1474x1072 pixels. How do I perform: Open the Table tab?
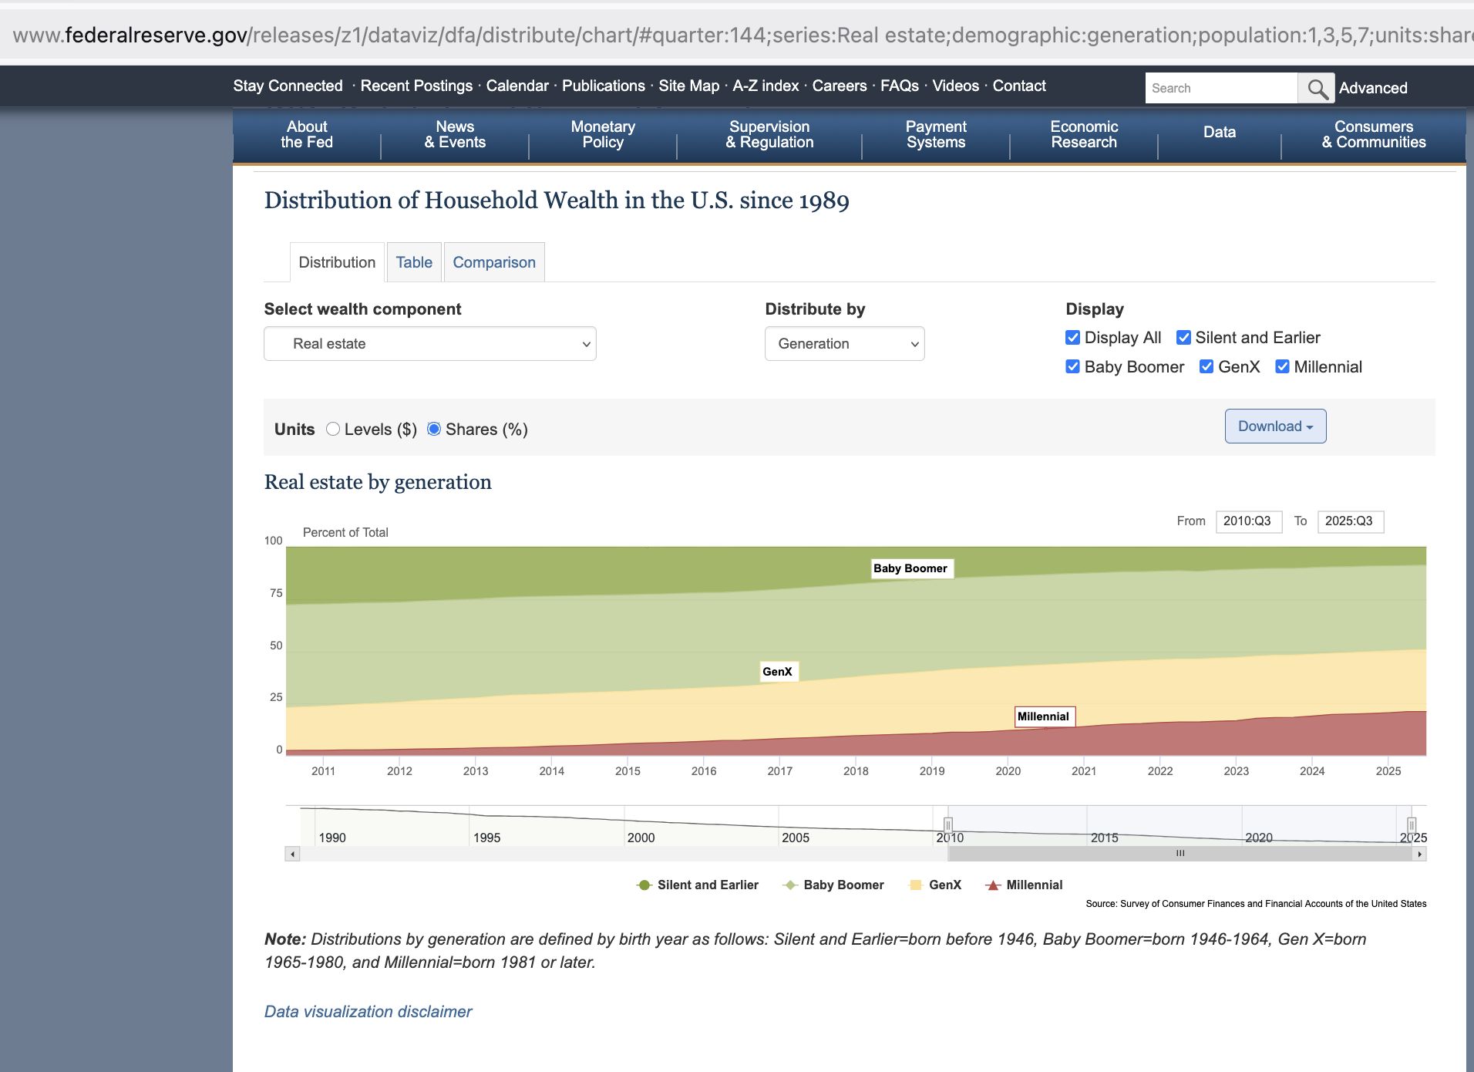pos(414,262)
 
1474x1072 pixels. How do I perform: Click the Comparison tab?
pos(494,262)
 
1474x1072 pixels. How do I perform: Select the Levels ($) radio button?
pos(333,429)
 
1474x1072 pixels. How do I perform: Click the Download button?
pos(1275,426)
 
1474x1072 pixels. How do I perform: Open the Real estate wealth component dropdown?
pos(430,344)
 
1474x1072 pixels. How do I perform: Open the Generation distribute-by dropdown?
pos(844,344)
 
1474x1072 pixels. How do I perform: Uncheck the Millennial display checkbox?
pos(1282,367)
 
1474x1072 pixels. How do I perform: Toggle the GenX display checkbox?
pos(1206,367)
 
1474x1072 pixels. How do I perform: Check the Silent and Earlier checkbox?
pos(1183,338)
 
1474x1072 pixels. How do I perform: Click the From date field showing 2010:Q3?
pos(1248,521)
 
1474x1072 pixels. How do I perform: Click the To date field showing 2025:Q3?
pos(1350,521)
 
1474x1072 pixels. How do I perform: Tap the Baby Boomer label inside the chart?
pos(910,568)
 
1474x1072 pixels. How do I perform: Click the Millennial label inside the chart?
pos(1044,716)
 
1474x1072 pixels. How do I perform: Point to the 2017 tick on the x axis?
pos(779,770)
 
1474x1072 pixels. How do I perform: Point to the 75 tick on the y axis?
pos(276,593)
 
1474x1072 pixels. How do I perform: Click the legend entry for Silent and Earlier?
pos(698,885)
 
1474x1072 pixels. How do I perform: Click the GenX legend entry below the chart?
pos(936,885)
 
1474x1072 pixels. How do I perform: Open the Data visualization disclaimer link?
pos(368,1011)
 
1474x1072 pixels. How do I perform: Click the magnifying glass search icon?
pos(1317,89)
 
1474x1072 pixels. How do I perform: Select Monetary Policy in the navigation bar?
pos(603,134)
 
